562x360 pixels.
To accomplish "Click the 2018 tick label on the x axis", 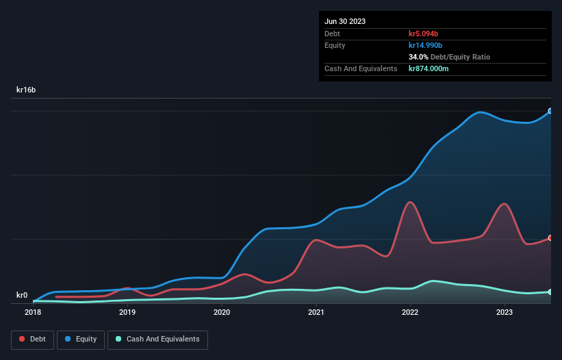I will tap(33, 312).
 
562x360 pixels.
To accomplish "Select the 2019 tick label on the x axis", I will tap(127, 312).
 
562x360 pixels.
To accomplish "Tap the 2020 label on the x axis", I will tap(222, 312).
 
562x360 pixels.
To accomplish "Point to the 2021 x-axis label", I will tap(316, 312).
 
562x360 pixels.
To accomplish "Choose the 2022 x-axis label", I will tap(410, 312).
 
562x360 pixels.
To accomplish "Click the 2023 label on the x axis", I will tap(504, 312).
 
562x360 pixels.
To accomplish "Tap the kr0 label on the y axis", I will tap(22, 296).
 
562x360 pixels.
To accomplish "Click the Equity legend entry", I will tap(81, 339).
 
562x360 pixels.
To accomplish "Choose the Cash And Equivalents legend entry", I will tap(157, 339).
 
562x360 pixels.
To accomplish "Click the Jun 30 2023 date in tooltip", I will tap(345, 21).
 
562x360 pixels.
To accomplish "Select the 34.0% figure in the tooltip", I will tap(418, 57).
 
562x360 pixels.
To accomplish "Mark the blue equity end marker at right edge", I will tap(550, 111).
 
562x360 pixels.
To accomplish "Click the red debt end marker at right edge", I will tap(550, 238).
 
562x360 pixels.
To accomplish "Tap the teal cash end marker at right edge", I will tap(550, 292).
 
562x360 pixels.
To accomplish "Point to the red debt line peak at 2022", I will tap(410, 202).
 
